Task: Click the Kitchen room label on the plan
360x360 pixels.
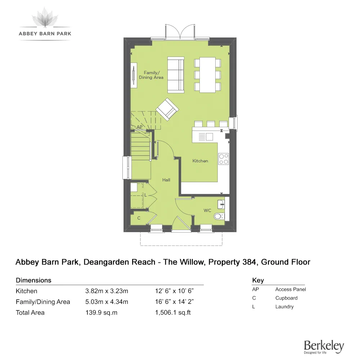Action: click(200, 161)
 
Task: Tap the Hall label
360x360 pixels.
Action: click(166, 180)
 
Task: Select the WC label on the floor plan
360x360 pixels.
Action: click(207, 210)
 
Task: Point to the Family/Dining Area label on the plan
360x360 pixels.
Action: click(151, 75)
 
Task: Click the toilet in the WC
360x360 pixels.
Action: click(219, 216)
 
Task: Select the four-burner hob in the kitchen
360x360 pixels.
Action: click(224, 159)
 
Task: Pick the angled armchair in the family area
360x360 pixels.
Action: click(167, 109)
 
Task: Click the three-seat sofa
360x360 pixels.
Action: click(176, 75)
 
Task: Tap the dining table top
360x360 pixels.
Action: click(207, 75)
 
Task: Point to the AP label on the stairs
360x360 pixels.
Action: click(140, 127)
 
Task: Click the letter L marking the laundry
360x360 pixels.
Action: click(145, 195)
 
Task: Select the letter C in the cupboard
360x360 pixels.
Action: click(139, 218)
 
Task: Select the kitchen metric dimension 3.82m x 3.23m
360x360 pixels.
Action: click(107, 291)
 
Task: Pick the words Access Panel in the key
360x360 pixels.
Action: click(291, 289)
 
